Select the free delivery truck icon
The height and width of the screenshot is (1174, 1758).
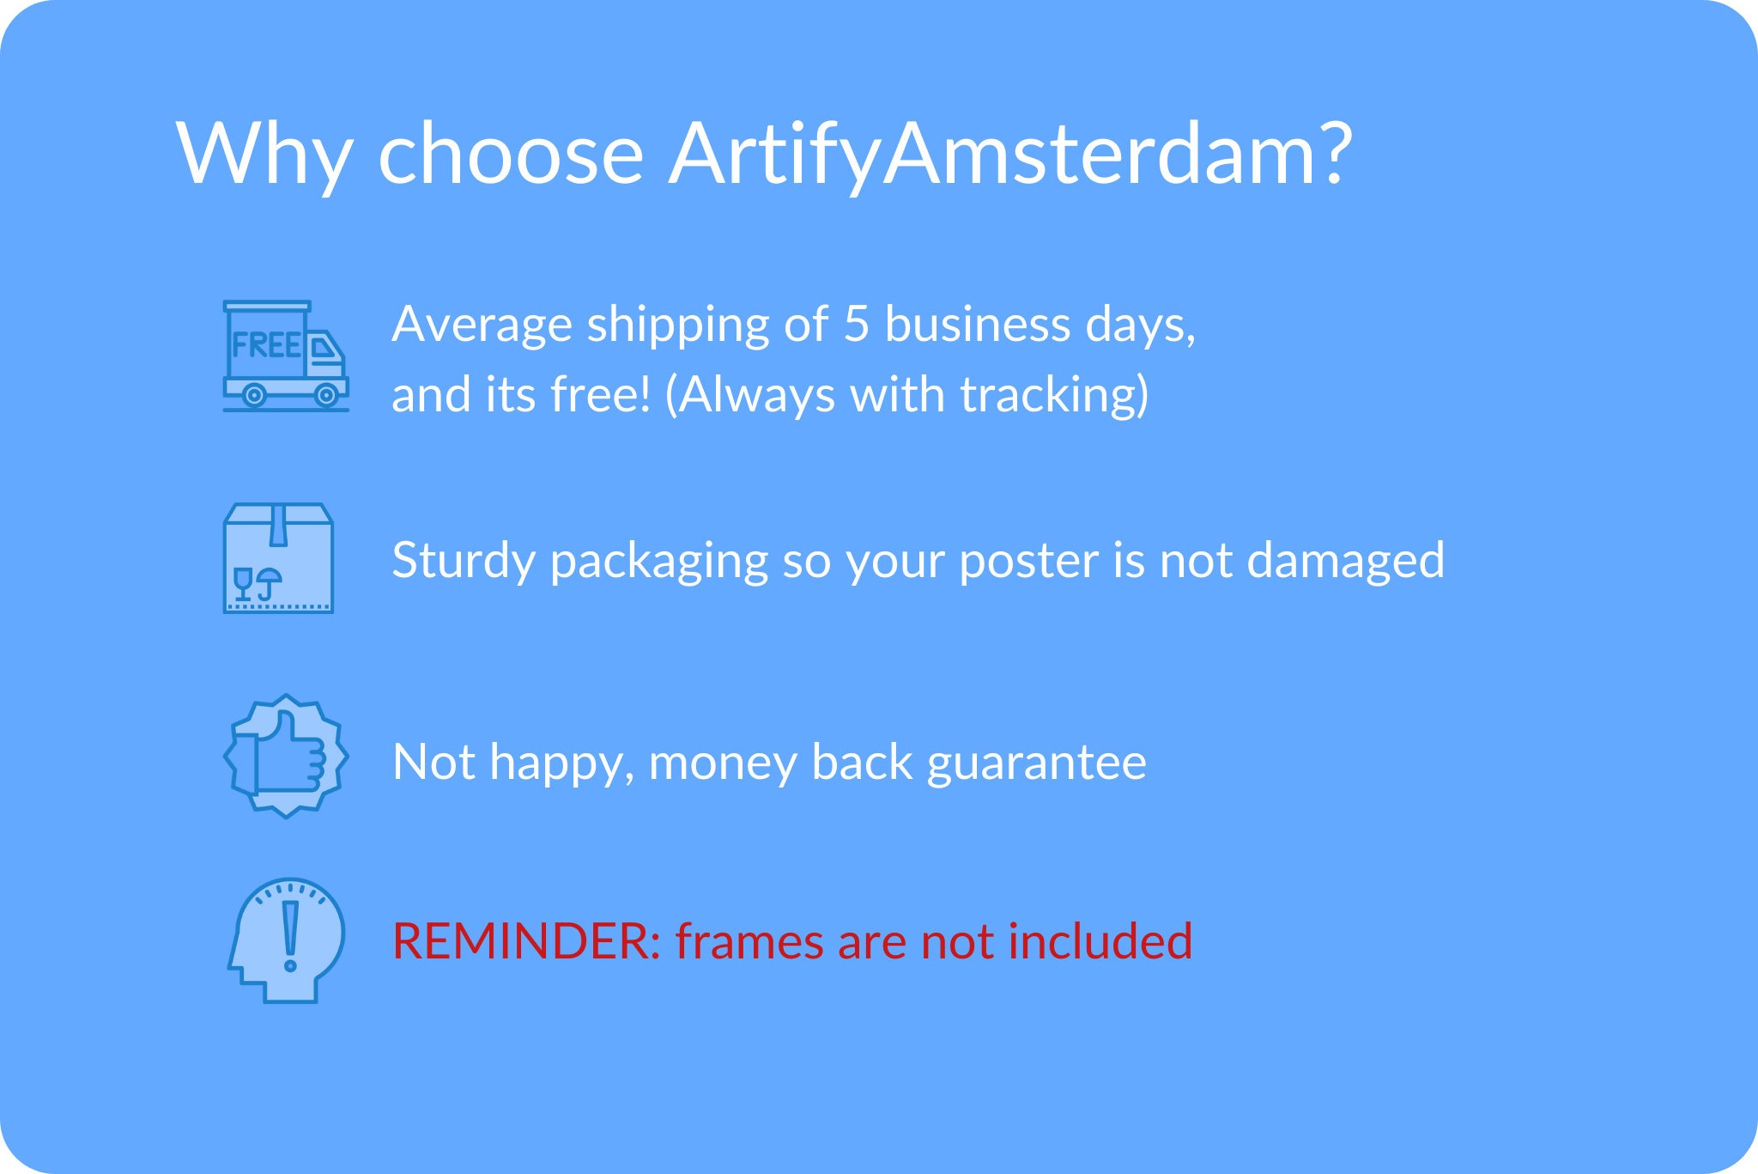pyautogui.click(x=286, y=356)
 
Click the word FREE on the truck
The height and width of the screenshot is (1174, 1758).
pyautogui.click(x=266, y=345)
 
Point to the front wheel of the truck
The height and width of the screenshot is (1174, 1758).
pyautogui.click(x=326, y=395)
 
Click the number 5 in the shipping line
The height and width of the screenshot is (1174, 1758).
pyautogui.click(x=857, y=325)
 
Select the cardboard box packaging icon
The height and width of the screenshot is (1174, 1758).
pyautogui.click(x=278, y=558)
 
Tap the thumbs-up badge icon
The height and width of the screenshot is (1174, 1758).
pyautogui.click(x=286, y=756)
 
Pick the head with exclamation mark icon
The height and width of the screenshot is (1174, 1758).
pyautogui.click(x=286, y=940)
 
